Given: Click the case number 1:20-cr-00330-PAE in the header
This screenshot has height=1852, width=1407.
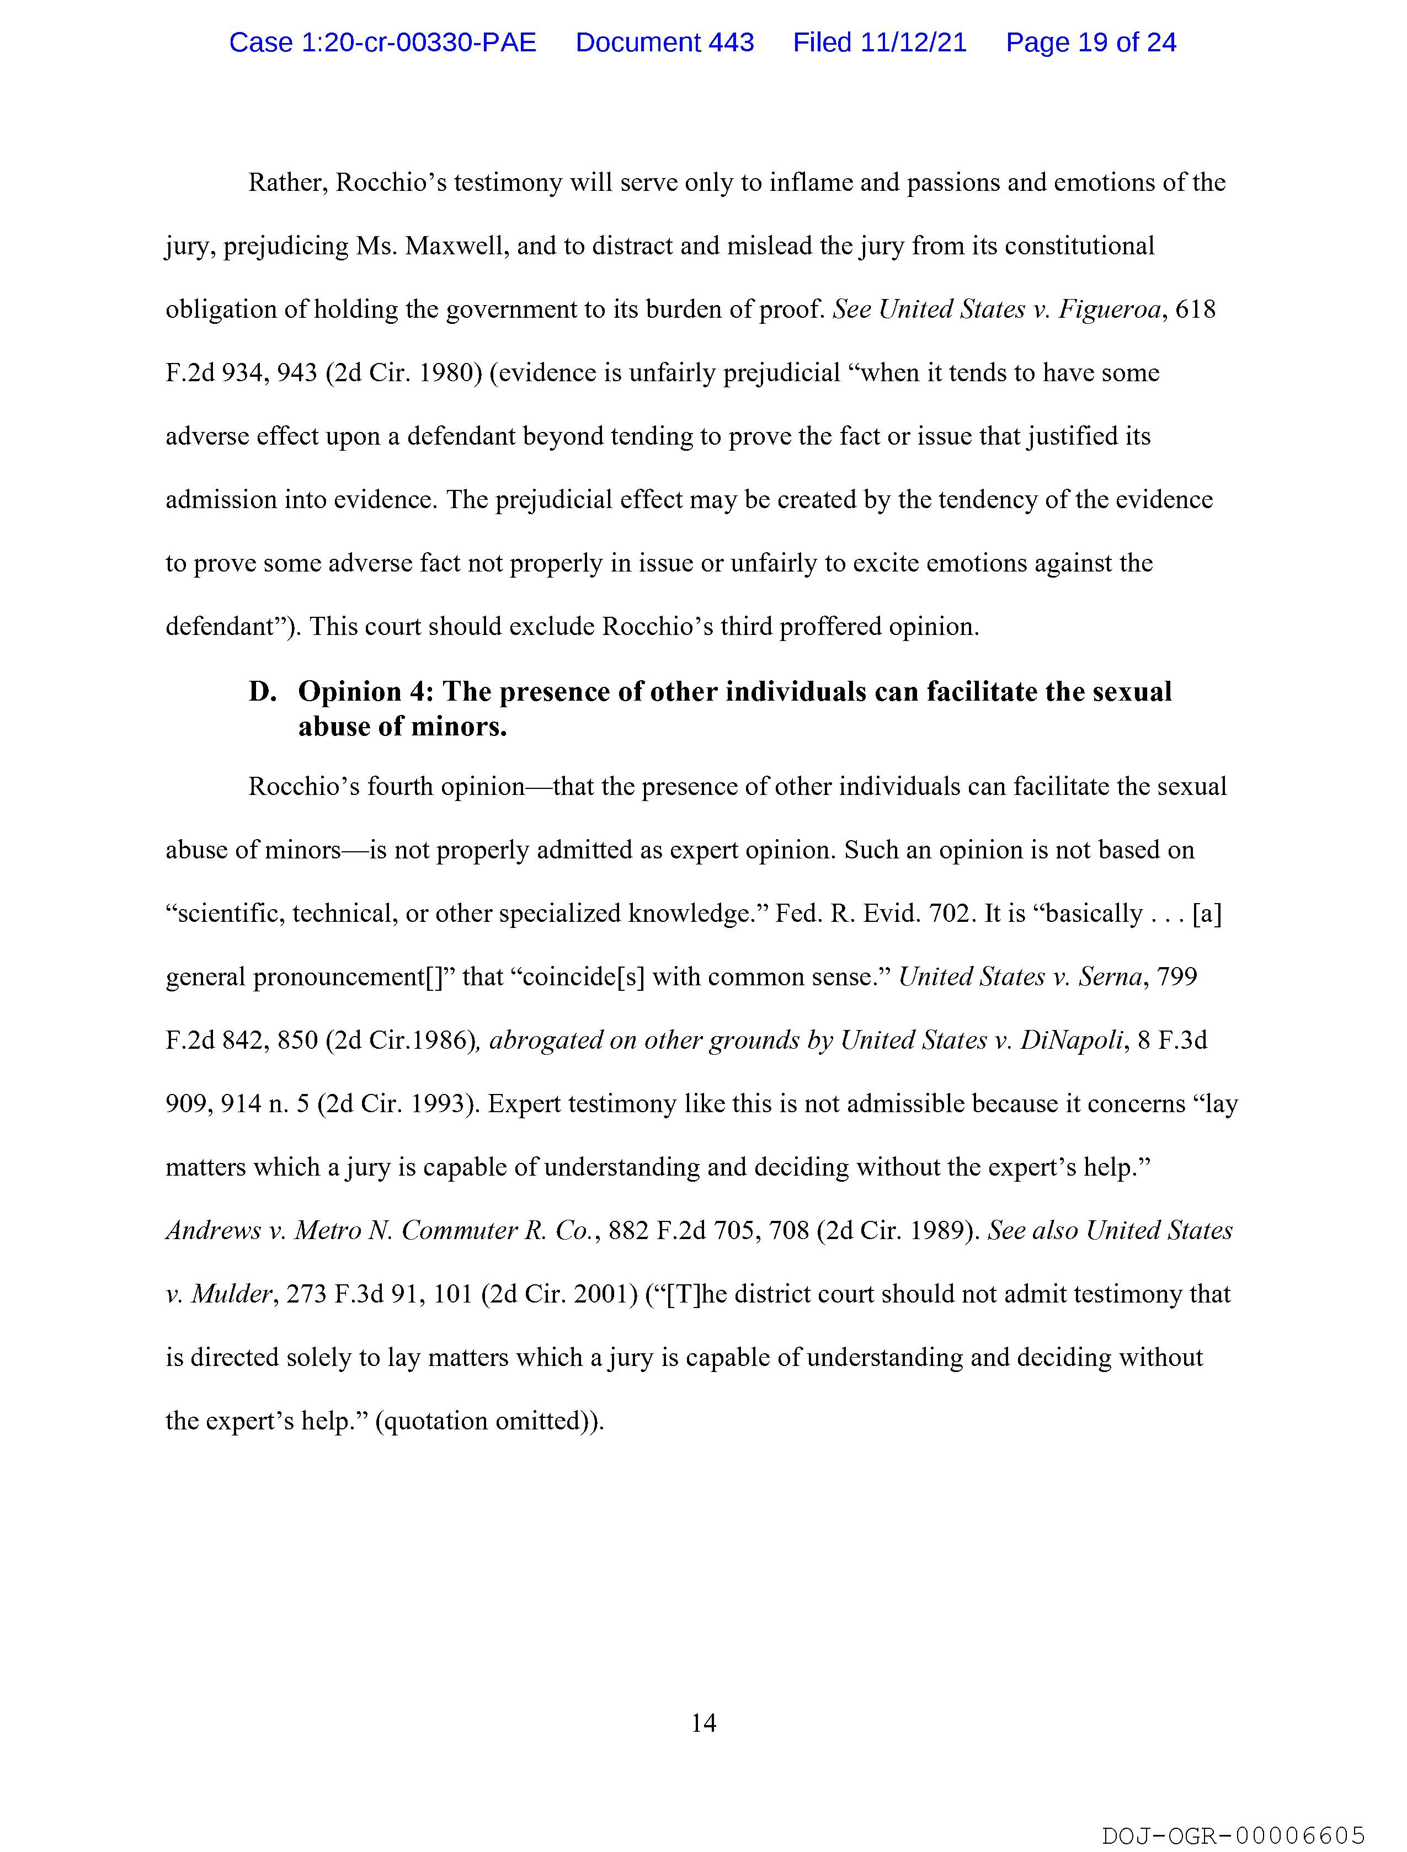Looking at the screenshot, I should [x=383, y=42].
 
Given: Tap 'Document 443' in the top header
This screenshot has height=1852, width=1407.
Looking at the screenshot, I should [x=664, y=42].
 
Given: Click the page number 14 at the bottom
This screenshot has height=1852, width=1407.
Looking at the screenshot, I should [x=703, y=1722].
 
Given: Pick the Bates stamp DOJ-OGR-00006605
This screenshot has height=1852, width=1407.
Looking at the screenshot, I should [x=1234, y=1829].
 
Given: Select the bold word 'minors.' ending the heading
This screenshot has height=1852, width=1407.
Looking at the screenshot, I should [x=466, y=726].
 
